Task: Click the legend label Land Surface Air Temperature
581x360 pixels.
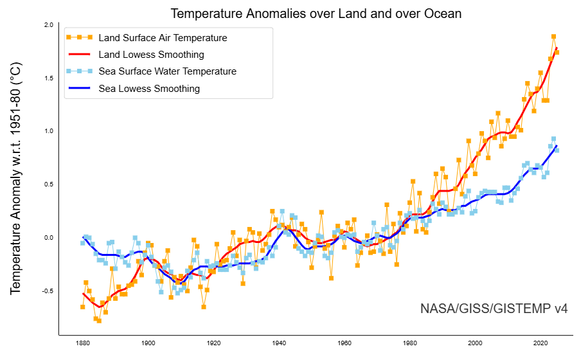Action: point(163,38)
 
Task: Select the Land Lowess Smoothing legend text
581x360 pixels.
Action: point(151,55)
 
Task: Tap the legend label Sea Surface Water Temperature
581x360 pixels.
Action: point(167,71)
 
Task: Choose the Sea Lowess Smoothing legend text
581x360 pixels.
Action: point(149,89)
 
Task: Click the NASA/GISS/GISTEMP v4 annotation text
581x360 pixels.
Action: point(494,309)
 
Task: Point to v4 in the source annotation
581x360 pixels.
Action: point(560,309)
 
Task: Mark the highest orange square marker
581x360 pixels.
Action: point(553,37)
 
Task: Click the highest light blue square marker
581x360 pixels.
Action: point(553,139)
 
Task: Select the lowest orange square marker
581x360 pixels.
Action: point(99,320)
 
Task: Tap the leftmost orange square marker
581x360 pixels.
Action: point(83,307)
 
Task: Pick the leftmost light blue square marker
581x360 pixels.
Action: point(83,243)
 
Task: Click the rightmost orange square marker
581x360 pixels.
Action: point(557,52)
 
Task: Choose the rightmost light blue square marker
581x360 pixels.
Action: point(557,150)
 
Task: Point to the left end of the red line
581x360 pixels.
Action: point(83,294)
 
